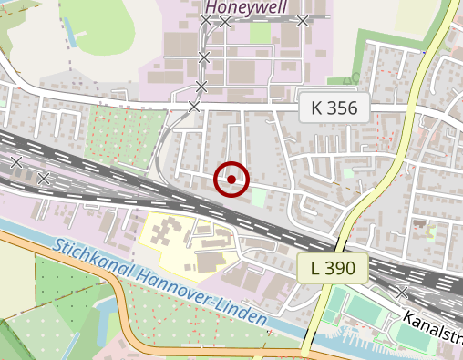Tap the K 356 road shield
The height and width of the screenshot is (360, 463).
pos(334,108)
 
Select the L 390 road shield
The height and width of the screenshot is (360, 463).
pos(332,268)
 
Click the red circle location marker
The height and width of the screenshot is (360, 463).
pos(231,180)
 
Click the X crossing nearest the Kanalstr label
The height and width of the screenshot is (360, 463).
pos(402,293)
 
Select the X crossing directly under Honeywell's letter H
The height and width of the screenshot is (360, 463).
pos(205,20)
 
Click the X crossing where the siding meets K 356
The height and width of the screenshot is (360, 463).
pos(193,107)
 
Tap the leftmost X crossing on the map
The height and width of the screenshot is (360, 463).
pos(15,162)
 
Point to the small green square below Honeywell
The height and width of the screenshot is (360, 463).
pos(261,33)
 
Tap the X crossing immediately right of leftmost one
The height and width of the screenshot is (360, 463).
pos(44,178)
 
